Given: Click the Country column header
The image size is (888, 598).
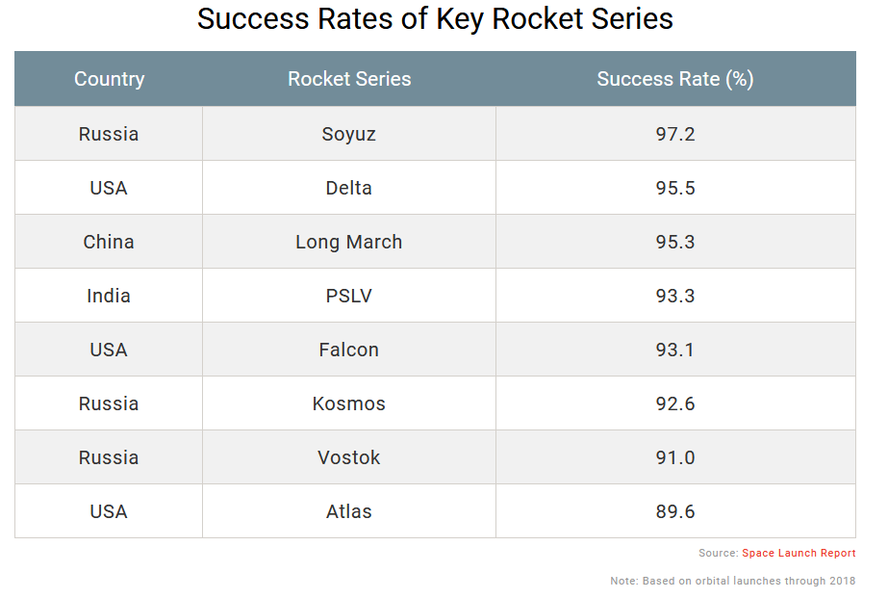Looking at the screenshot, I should tap(109, 79).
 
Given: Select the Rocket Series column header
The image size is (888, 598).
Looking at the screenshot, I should tap(349, 79).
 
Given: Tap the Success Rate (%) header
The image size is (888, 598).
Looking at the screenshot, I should tap(674, 79).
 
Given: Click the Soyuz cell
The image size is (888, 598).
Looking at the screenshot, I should tap(349, 134).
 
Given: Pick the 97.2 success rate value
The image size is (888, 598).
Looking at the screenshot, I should tap(675, 134).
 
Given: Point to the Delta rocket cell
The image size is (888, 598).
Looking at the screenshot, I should tap(349, 188).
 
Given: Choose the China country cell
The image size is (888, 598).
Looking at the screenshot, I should tap(109, 242).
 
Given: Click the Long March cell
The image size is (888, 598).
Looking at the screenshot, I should tap(349, 242).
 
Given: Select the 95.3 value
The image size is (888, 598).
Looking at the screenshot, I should tap(675, 242).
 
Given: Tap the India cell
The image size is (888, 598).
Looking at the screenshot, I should tap(109, 296).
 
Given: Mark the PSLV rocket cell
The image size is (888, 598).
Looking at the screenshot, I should tap(349, 296).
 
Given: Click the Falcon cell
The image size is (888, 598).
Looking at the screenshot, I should tap(349, 350).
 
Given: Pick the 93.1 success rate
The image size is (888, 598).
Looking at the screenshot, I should tap(675, 350).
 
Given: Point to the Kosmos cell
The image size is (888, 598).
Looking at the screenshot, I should tap(349, 403).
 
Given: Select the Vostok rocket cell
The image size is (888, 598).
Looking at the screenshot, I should tap(349, 457).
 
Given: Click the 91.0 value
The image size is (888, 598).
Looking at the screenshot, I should tap(675, 457).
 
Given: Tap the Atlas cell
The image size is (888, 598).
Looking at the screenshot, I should tap(349, 511).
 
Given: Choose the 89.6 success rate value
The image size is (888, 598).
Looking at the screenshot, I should tap(675, 511).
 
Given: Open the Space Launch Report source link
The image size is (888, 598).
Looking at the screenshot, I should tap(799, 554).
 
